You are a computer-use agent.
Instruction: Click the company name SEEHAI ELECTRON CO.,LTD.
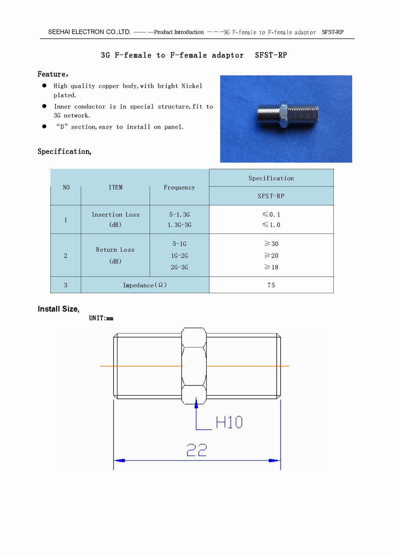coord(89,32)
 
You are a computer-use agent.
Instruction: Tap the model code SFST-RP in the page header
coord(332,32)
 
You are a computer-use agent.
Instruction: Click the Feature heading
coord(53,74)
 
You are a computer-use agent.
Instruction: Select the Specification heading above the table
coord(64,152)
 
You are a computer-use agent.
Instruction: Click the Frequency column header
coord(179,188)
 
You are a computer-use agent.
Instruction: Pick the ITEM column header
coord(116,188)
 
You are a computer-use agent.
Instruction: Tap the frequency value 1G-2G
coord(179,256)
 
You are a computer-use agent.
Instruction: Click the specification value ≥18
coord(271,267)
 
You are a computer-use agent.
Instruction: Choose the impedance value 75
coord(271,285)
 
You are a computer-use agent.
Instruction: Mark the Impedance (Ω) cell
coord(145,285)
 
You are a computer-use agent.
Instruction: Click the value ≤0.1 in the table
coord(271,215)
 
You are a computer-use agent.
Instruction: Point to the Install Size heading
coord(59,309)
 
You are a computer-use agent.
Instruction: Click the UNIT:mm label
coord(101,318)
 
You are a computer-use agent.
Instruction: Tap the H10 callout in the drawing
coord(229,423)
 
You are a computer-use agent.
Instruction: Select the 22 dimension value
coord(196,450)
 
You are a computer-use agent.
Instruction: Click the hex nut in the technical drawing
coord(194,366)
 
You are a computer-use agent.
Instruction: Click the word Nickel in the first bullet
coord(192,86)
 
